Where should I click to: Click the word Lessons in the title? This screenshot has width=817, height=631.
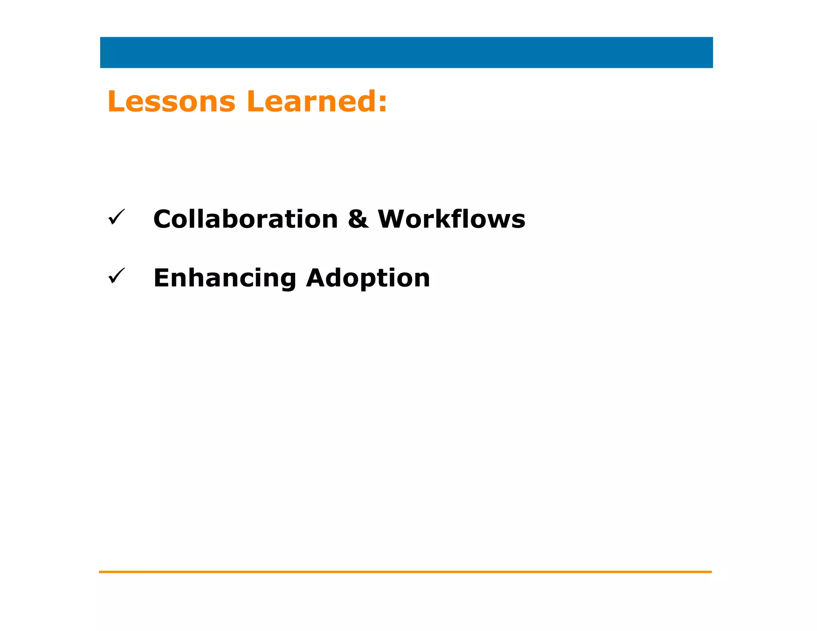click(172, 102)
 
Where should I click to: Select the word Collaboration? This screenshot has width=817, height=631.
click(245, 219)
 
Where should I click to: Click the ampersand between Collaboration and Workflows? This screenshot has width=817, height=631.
click(358, 219)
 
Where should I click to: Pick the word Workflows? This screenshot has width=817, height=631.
click(451, 219)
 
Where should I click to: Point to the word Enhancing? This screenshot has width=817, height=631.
click(225, 278)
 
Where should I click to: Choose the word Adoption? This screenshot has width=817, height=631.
click(368, 278)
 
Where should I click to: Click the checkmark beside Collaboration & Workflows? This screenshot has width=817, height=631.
click(116, 217)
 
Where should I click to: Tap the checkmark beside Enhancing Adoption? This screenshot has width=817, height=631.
click(116, 276)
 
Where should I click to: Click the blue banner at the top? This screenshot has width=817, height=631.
click(406, 53)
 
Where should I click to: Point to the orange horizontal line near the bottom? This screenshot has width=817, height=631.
click(405, 572)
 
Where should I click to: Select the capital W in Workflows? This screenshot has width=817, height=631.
click(393, 219)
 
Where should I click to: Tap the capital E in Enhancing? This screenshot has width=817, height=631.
click(162, 278)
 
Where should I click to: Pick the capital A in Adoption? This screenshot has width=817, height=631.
click(317, 278)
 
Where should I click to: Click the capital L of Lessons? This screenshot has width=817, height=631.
click(116, 102)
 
